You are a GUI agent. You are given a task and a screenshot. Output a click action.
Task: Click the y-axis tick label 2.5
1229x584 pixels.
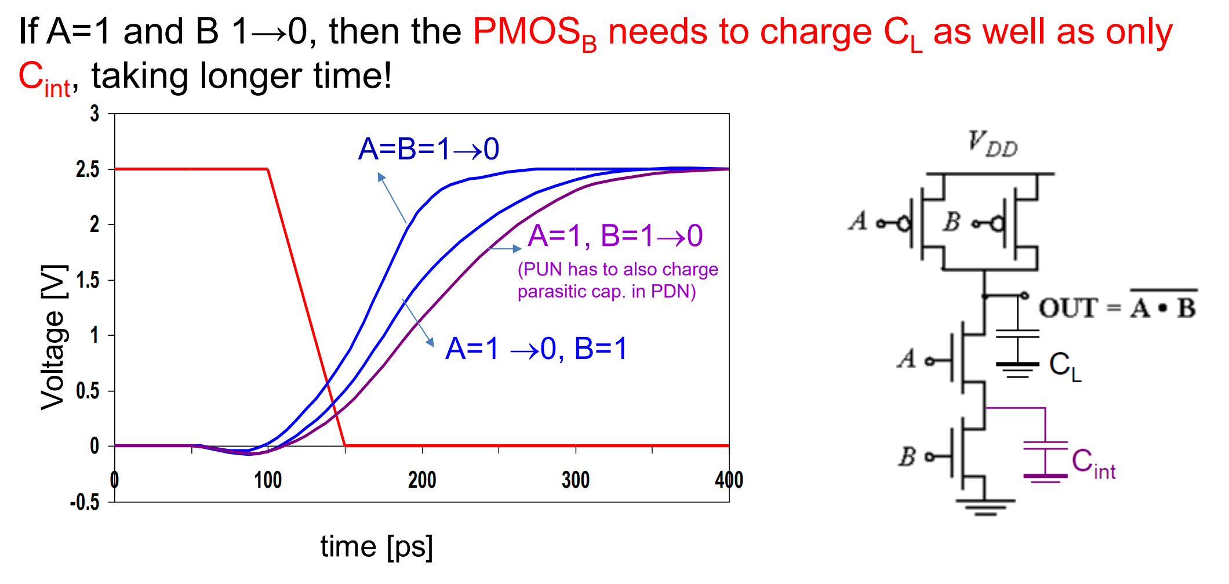coord(87,169)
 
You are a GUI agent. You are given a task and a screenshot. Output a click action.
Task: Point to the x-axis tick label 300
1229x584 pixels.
coord(575,480)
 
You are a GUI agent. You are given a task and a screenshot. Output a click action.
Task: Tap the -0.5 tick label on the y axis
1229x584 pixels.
coord(85,502)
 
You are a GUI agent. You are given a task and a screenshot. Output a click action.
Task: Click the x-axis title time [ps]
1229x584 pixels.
coord(377,547)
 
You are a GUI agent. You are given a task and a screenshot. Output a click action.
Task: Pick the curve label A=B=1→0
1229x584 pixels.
coord(428,149)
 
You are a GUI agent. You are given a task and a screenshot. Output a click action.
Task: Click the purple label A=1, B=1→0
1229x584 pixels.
coord(615,236)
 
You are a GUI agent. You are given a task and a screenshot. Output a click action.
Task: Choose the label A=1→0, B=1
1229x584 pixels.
coord(536,349)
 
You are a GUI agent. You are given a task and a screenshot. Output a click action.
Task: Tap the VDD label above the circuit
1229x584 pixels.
coord(992,143)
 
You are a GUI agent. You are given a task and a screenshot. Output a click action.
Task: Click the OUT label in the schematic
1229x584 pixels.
coord(1067,308)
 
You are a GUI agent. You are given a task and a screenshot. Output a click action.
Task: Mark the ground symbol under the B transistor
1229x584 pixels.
coord(985,507)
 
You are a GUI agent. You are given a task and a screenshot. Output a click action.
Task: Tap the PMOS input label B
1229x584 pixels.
coord(952,222)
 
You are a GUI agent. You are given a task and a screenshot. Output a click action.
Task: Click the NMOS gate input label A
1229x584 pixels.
coord(907,359)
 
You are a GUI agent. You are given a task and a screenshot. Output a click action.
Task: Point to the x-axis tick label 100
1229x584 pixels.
coord(268,480)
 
